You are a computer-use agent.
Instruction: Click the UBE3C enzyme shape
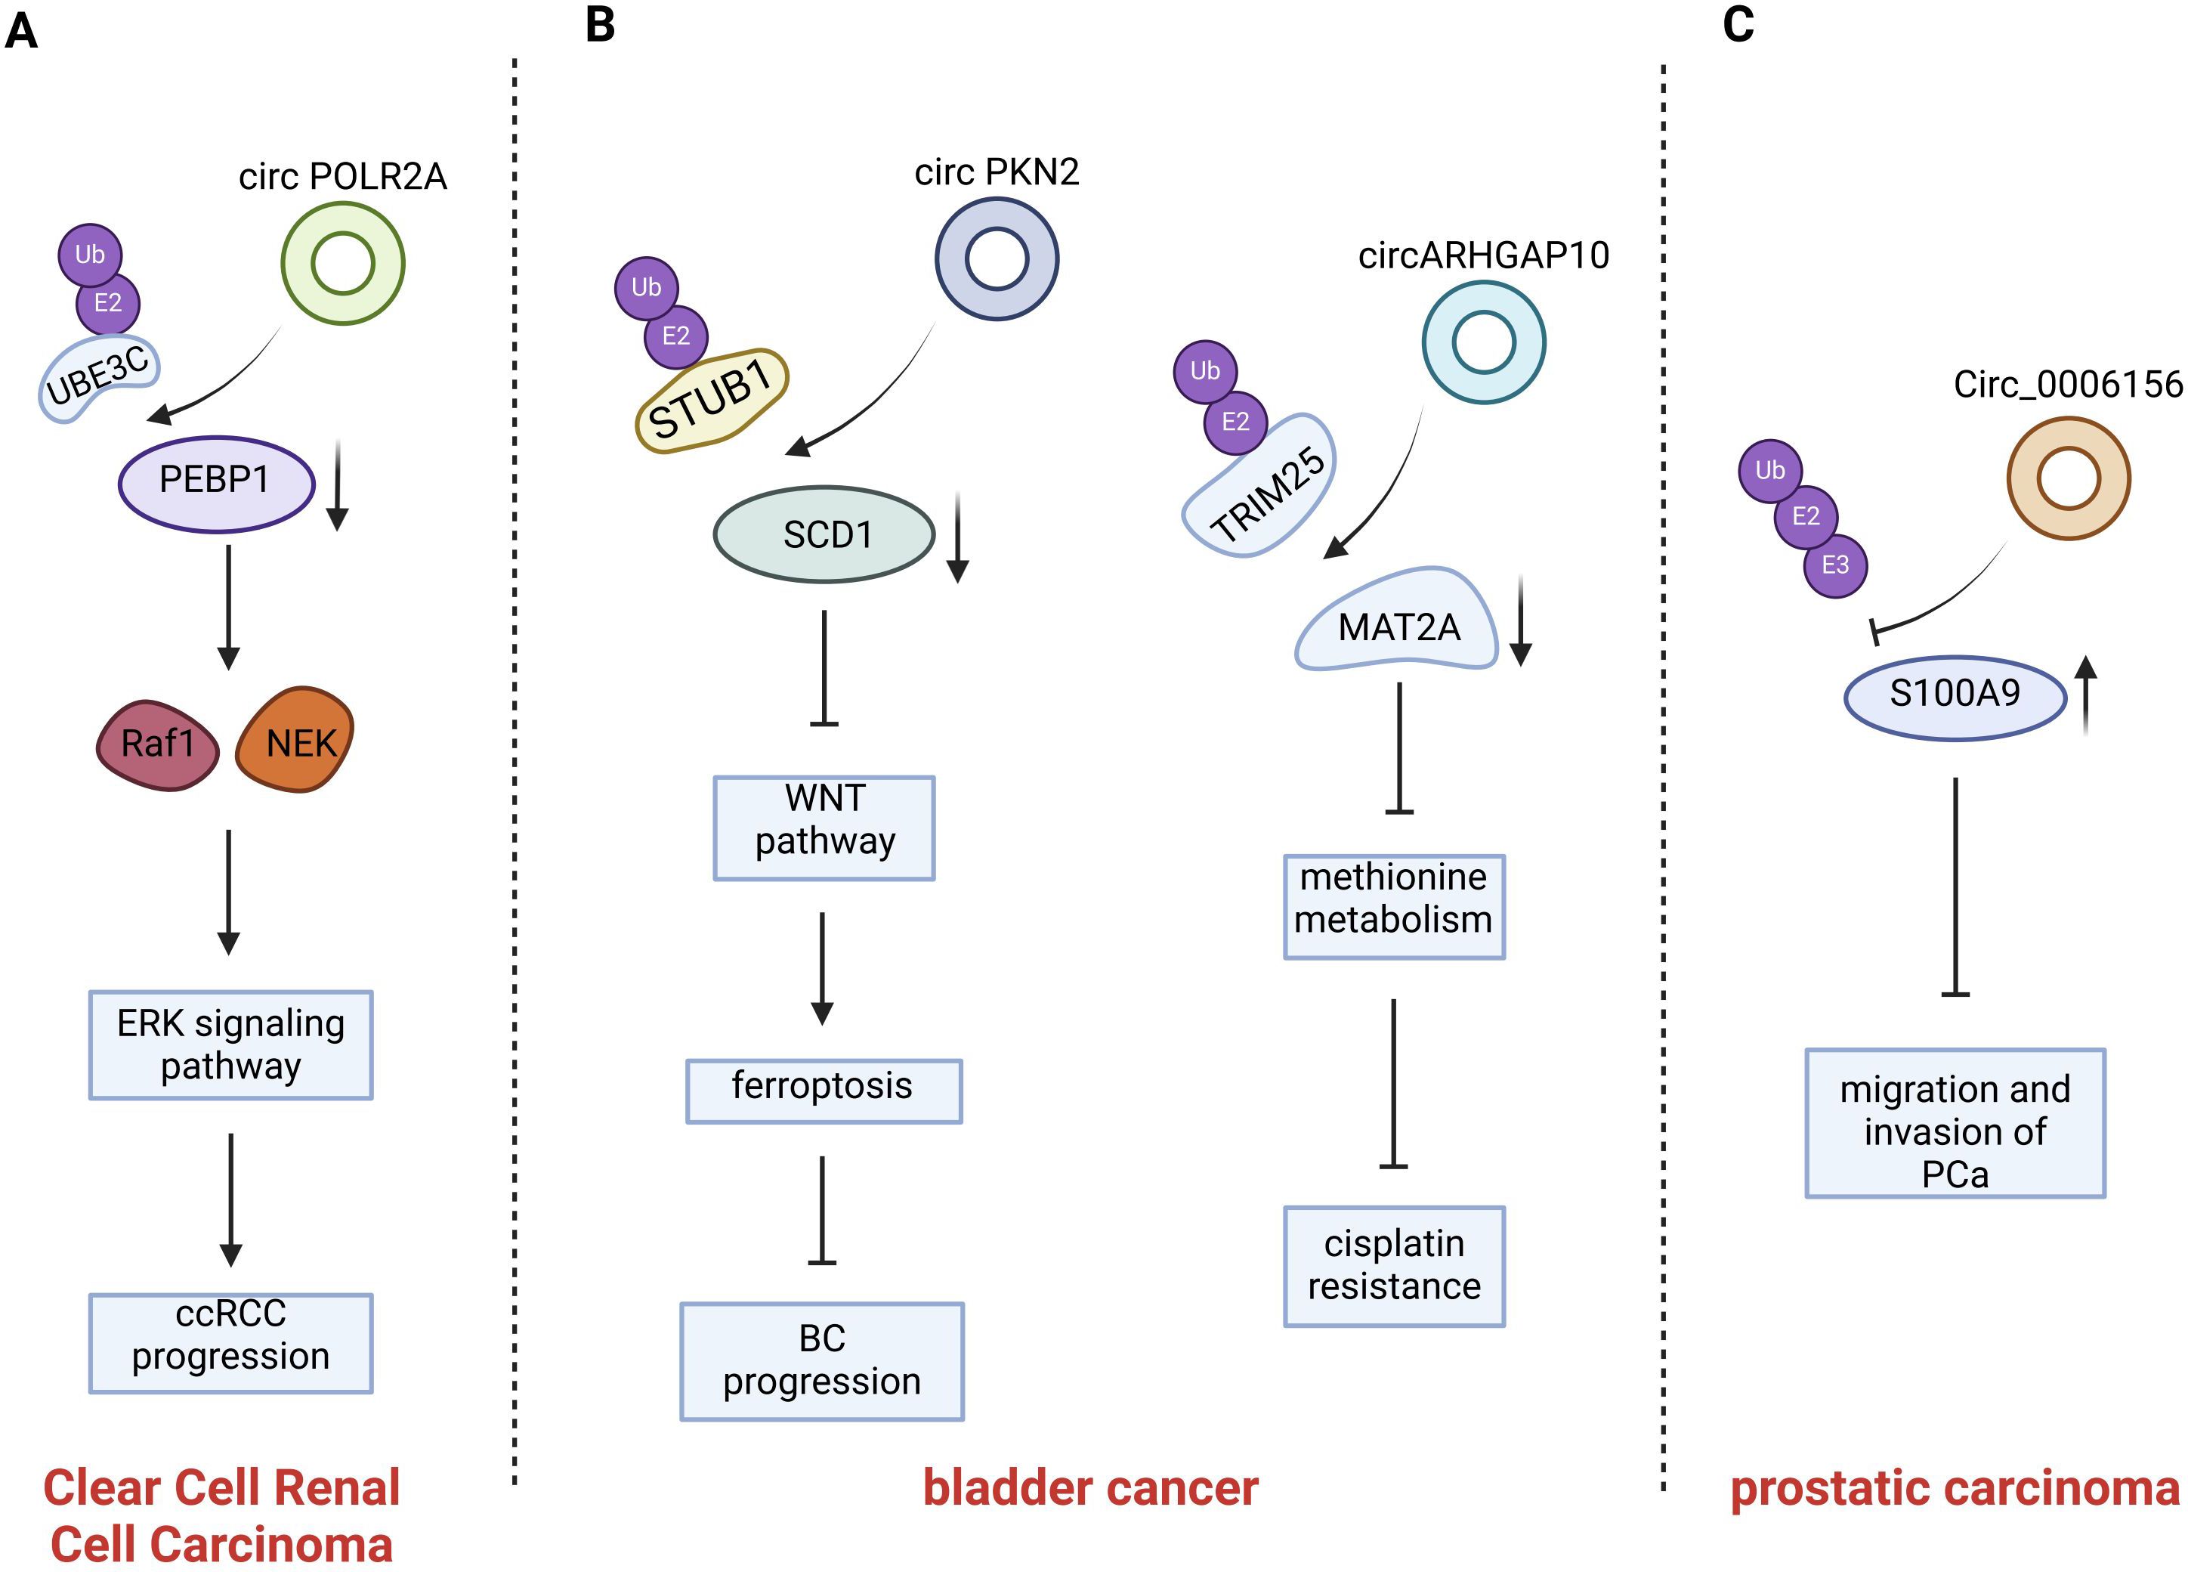pos(98,379)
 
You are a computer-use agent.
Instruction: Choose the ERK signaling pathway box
pos(230,1045)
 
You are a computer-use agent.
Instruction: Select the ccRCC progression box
pos(230,1342)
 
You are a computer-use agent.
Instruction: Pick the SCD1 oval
pos(825,534)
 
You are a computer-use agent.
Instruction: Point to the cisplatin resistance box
pos(1394,1266)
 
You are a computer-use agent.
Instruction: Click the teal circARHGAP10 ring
pos(1484,342)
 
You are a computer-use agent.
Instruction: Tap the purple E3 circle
pos(1835,565)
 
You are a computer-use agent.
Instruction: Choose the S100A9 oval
pos(1955,696)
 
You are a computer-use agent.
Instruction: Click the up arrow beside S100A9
pos(2086,695)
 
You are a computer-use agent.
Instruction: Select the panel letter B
pos(600,25)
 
